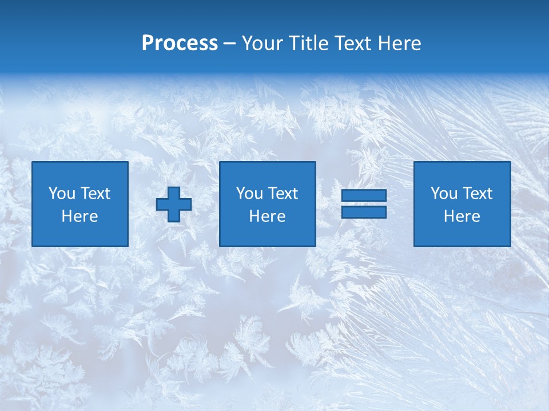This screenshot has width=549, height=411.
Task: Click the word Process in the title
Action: (x=180, y=43)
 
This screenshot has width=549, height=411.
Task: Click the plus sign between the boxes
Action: (x=174, y=204)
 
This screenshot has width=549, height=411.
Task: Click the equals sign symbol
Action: (x=364, y=204)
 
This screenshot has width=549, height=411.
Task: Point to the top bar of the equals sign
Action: (x=364, y=196)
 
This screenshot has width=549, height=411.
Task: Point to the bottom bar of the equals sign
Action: (x=364, y=212)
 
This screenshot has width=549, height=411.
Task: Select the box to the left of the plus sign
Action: (x=80, y=204)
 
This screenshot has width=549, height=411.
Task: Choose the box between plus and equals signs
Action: (x=267, y=204)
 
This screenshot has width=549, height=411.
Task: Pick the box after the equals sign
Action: (x=462, y=204)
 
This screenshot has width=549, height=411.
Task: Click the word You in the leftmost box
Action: (x=62, y=194)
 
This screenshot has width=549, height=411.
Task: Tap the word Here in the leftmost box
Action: (x=80, y=216)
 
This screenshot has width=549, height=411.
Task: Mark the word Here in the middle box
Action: (x=267, y=216)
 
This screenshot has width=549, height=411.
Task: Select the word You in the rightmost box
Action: (x=444, y=194)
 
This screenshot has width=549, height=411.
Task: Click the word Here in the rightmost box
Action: (x=462, y=216)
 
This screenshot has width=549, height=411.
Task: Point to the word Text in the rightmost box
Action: (x=477, y=194)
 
